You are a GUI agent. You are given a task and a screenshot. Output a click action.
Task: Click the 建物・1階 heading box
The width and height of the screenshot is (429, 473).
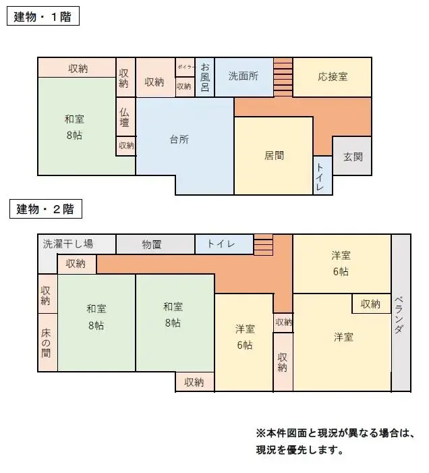click(43, 16)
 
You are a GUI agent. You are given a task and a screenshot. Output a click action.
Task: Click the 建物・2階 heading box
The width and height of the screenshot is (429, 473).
click(45, 209)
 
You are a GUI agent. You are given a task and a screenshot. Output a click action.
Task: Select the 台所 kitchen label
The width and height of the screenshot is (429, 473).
click(179, 140)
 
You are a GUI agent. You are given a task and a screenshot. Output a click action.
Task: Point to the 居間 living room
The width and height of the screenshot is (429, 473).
click(273, 155)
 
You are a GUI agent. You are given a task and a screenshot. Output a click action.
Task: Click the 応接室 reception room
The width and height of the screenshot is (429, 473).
click(332, 76)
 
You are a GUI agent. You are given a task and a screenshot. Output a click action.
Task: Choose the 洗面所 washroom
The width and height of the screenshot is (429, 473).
click(244, 76)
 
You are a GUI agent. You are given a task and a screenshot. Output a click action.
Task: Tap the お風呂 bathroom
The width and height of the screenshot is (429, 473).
click(204, 77)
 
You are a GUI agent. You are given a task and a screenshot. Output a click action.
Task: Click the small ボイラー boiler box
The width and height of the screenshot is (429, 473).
click(185, 67)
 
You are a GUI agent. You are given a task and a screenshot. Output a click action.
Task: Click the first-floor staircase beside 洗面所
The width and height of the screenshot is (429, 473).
click(283, 76)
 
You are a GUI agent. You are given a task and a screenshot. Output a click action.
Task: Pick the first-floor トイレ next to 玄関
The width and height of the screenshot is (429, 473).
click(322, 175)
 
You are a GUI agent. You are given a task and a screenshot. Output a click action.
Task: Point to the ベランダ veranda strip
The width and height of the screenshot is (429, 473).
click(401, 312)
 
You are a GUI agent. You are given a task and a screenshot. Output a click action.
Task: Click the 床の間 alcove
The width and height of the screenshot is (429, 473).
click(47, 342)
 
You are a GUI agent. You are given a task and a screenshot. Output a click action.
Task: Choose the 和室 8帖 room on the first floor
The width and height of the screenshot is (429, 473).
click(75, 127)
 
